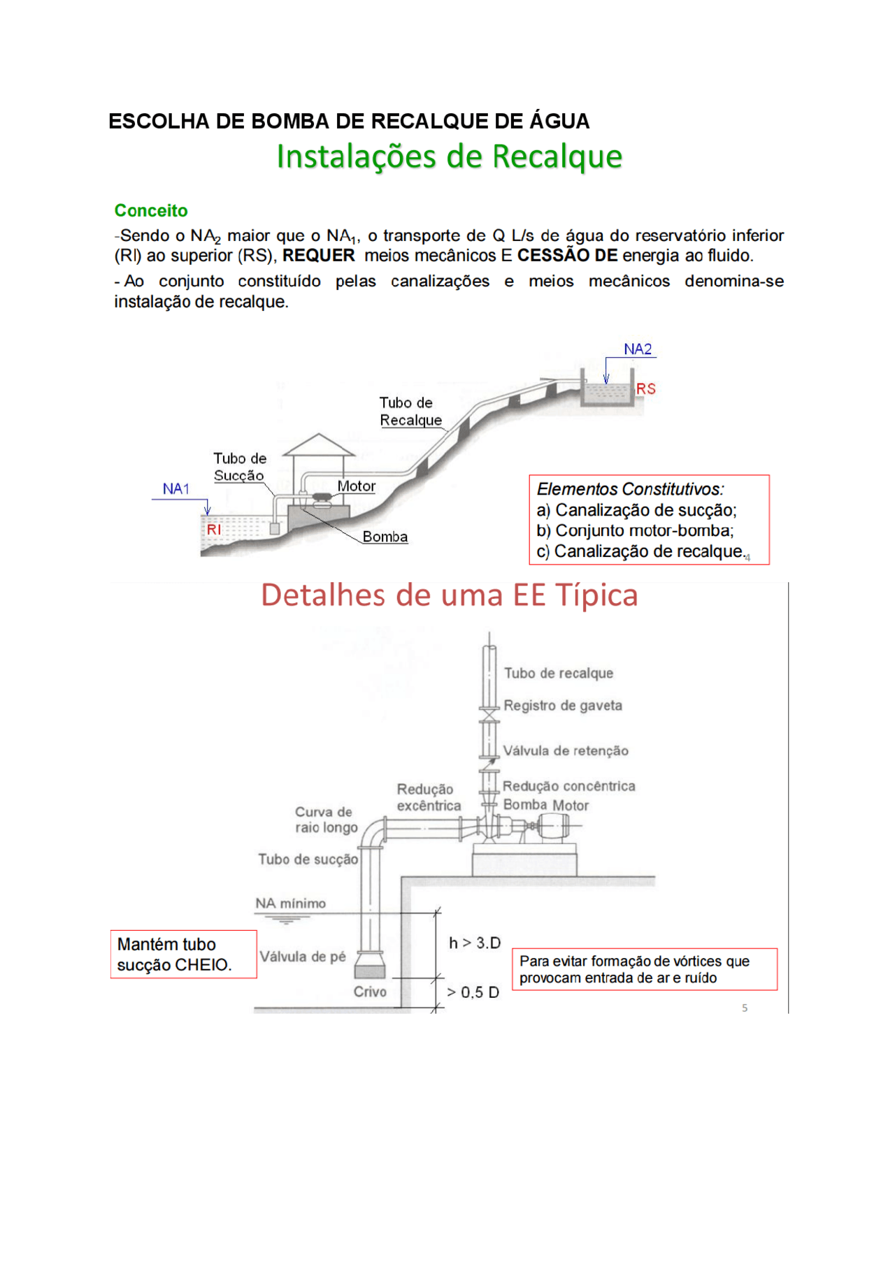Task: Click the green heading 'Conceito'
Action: click(151, 210)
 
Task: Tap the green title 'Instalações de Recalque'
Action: click(449, 157)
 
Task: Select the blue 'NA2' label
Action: click(638, 349)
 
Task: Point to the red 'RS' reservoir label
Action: click(645, 389)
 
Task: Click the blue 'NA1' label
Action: click(176, 489)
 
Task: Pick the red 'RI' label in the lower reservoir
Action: click(214, 530)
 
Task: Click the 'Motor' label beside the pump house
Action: click(357, 486)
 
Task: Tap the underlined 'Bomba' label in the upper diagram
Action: click(385, 537)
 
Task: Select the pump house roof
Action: click(318, 445)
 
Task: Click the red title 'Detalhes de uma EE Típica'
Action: click(449, 595)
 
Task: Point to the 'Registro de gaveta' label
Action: click(563, 706)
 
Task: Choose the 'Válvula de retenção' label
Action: click(566, 751)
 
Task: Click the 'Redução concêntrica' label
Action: click(568, 787)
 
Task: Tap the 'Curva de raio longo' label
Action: click(326, 820)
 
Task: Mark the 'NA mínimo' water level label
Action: click(290, 903)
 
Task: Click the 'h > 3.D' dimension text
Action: click(475, 943)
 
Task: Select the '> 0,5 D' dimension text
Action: click(473, 993)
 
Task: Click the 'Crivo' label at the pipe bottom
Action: click(370, 992)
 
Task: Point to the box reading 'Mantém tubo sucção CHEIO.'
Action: click(183, 954)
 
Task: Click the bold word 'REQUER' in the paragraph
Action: click(318, 256)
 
